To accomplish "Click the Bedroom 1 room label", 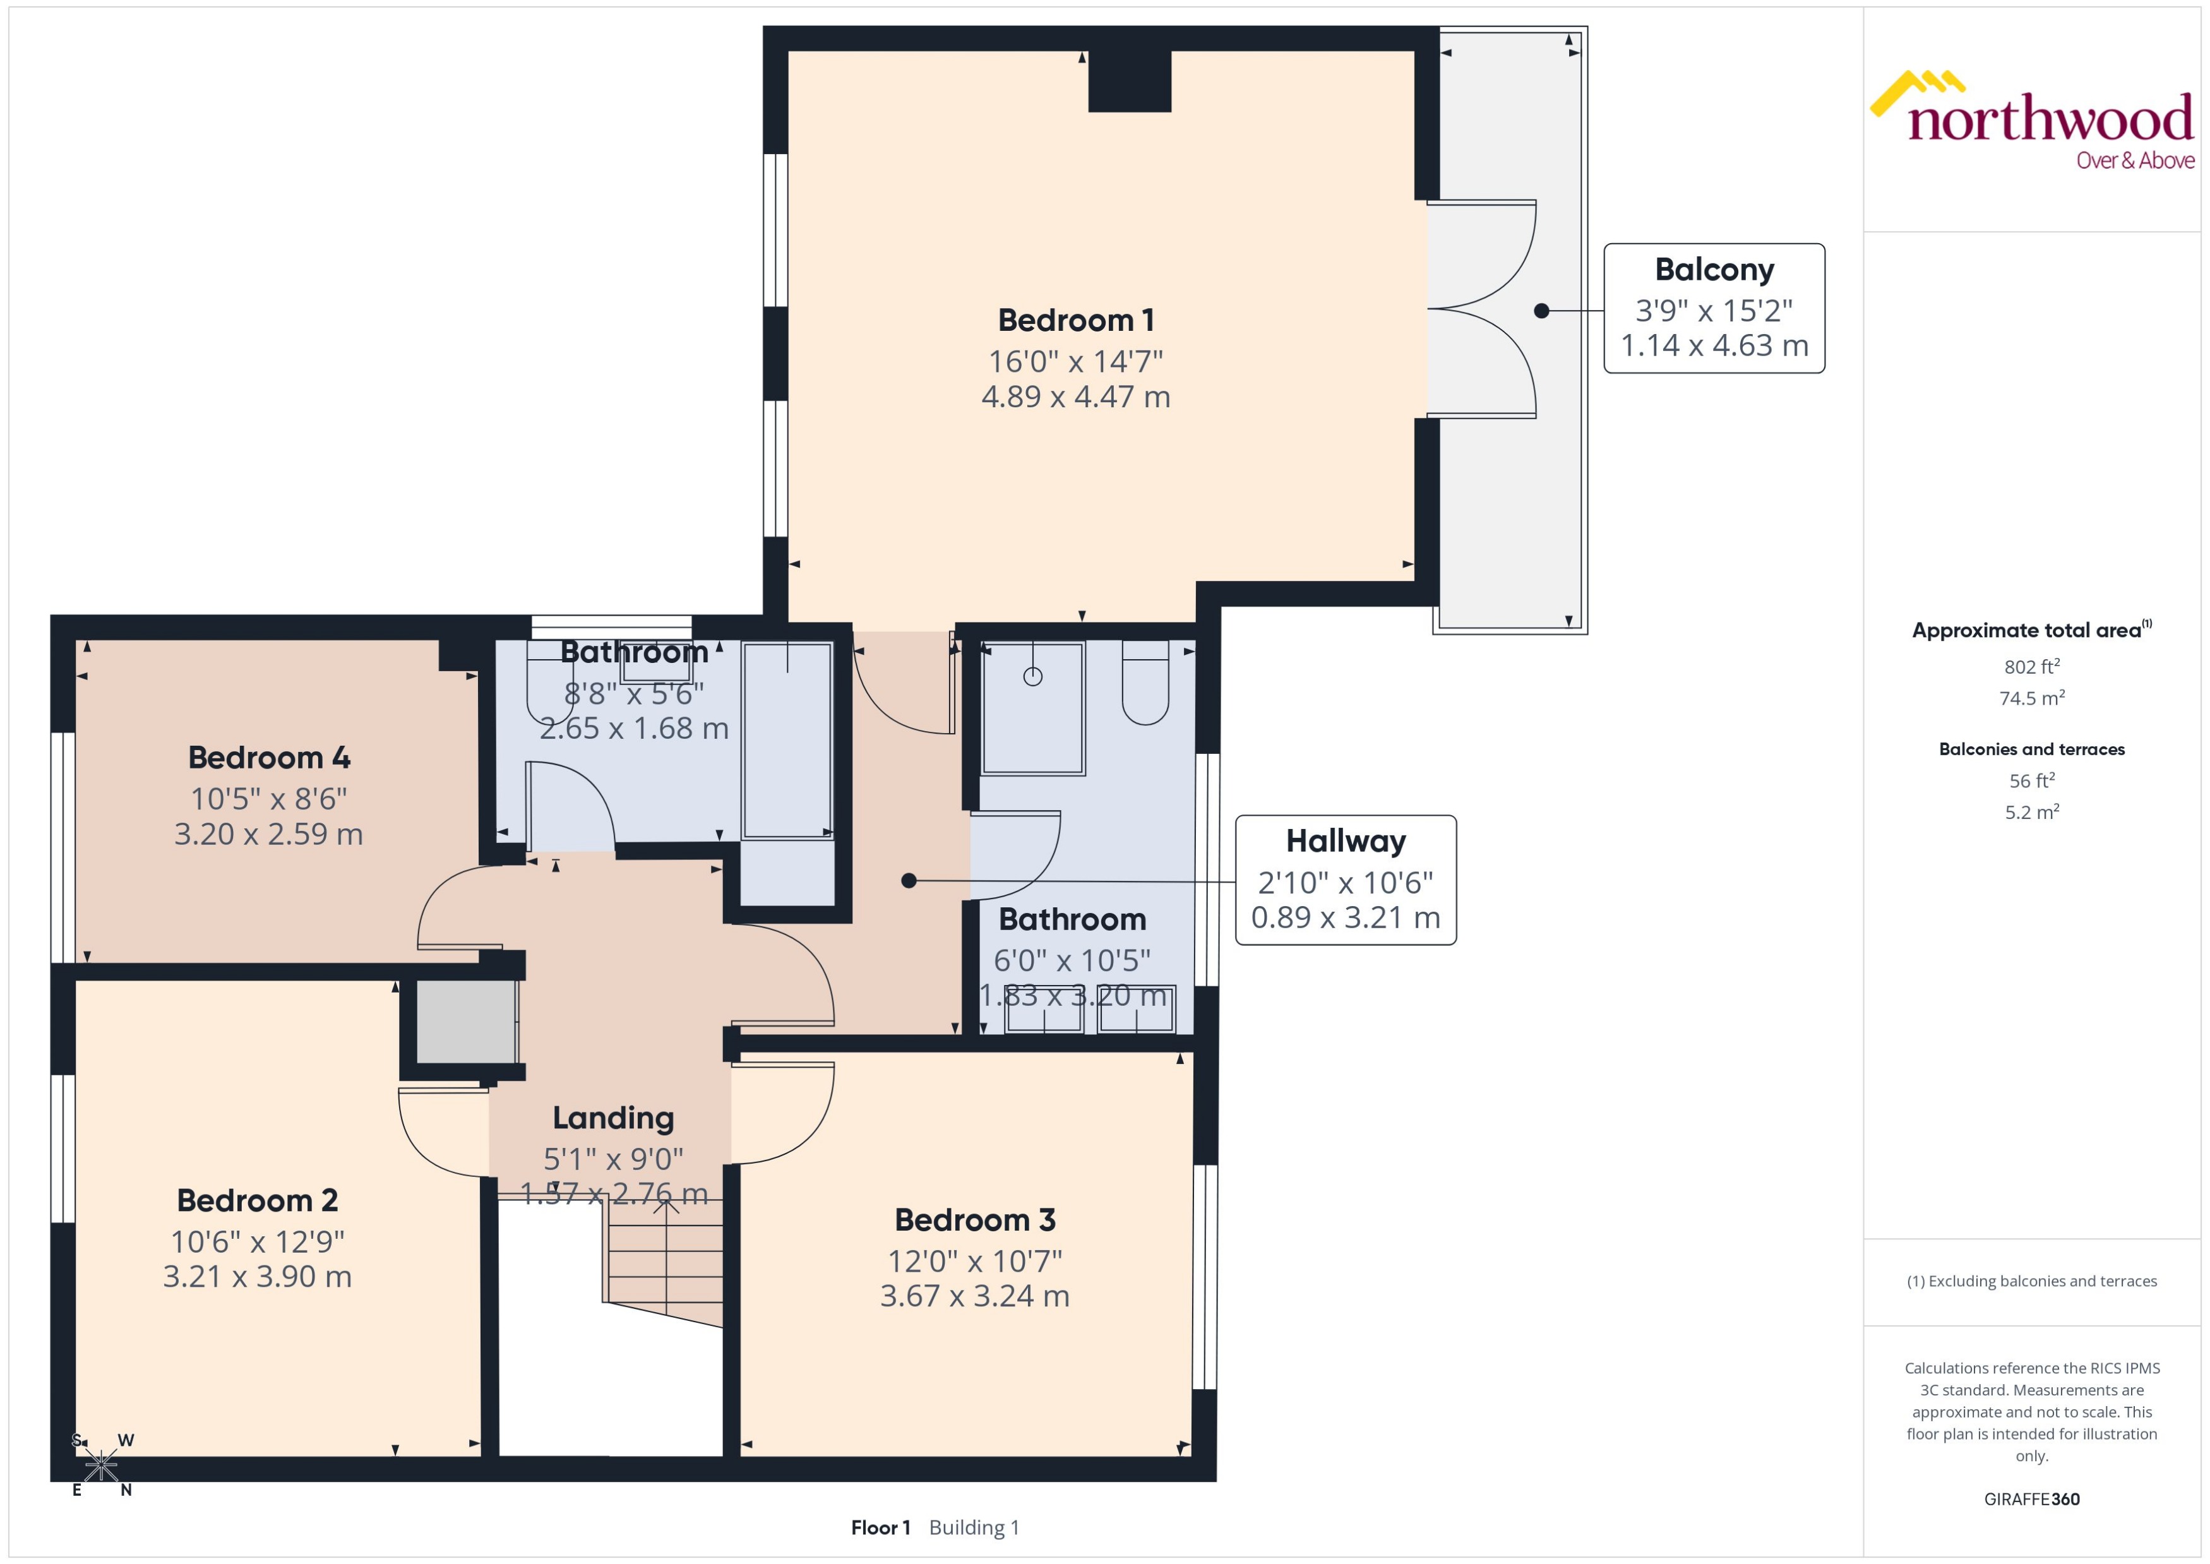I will click(1075, 319).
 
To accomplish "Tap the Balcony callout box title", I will click(1714, 270).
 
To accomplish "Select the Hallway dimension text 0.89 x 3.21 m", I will click(1346, 918).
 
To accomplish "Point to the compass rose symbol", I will click(101, 1466).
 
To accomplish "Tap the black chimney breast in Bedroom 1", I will click(1130, 81).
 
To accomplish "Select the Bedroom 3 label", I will click(974, 1220).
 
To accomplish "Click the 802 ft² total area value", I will click(2032, 666).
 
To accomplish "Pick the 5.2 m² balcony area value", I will click(2032, 812).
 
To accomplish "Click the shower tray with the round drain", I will click(1033, 708).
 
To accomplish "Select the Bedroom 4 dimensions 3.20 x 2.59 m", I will click(268, 834).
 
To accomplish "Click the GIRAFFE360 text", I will click(2032, 1500).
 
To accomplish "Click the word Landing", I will click(613, 1118).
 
